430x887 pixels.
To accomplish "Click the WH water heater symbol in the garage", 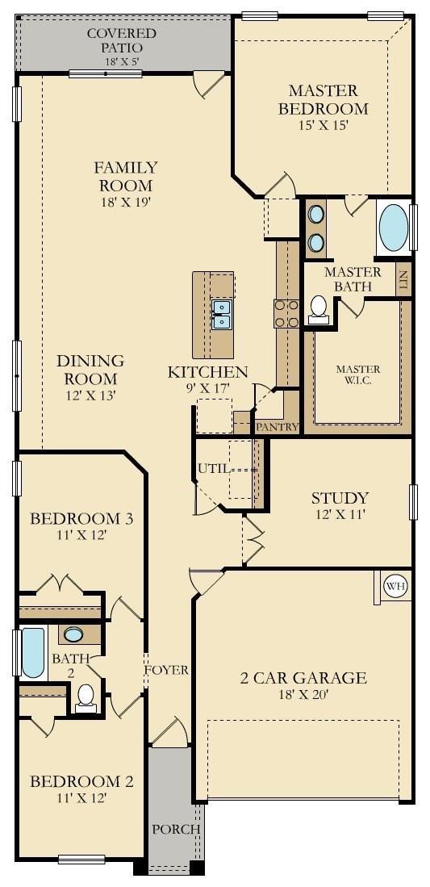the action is click(395, 586).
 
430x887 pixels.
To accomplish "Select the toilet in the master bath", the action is click(319, 310).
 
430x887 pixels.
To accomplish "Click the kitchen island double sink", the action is click(221, 315).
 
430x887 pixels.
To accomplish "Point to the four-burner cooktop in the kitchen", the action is click(286, 313).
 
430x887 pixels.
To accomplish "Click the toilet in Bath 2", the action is click(86, 697).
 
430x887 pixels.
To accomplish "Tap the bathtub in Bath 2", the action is click(33, 652).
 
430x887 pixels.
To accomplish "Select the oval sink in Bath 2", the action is click(73, 634).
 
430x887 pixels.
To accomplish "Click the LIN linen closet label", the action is click(403, 280).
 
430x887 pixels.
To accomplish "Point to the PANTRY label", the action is click(277, 427).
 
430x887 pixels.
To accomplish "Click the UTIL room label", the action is click(214, 468).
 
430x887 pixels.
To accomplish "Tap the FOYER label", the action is click(165, 671).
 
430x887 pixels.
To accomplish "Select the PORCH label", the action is click(176, 830).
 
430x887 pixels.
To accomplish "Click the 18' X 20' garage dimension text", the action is click(303, 695).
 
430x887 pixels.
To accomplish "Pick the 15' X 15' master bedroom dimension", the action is click(323, 125).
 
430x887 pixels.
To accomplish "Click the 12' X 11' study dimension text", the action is click(340, 516).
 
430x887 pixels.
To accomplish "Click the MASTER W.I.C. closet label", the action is click(358, 374).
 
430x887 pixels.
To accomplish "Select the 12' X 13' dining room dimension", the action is click(90, 395).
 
